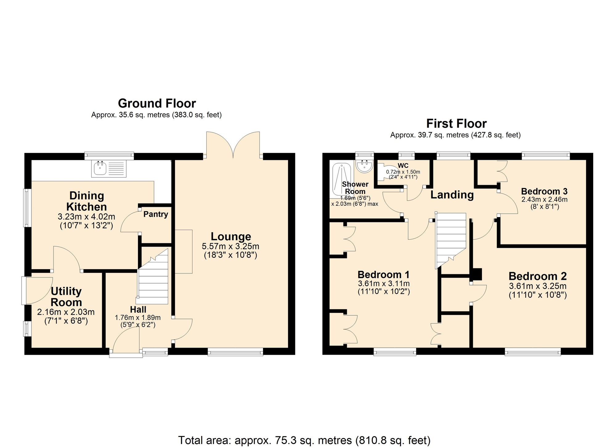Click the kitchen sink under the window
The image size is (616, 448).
click(x=109, y=169)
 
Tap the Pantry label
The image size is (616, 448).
click(x=156, y=214)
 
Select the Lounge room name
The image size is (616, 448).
click(x=231, y=236)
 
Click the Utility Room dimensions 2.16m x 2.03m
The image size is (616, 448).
click(x=66, y=312)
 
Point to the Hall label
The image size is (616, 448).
click(x=138, y=309)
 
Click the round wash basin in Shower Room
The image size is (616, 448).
click(x=364, y=166)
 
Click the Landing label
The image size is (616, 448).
click(x=452, y=195)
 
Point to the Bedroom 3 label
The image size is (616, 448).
click(x=544, y=191)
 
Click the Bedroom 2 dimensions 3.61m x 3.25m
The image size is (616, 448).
click(x=538, y=286)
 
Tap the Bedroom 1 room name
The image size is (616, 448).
click(x=383, y=274)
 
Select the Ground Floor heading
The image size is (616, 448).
click(x=157, y=103)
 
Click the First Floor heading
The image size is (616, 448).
click(x=456, y=123)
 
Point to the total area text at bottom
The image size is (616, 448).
click(x=304, y=440)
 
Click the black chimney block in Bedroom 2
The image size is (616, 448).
click(x=477, y=274)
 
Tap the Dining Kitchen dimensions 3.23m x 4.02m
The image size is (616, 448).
click(x=86, y=216)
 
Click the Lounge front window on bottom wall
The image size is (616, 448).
click(x=235, y=352)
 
